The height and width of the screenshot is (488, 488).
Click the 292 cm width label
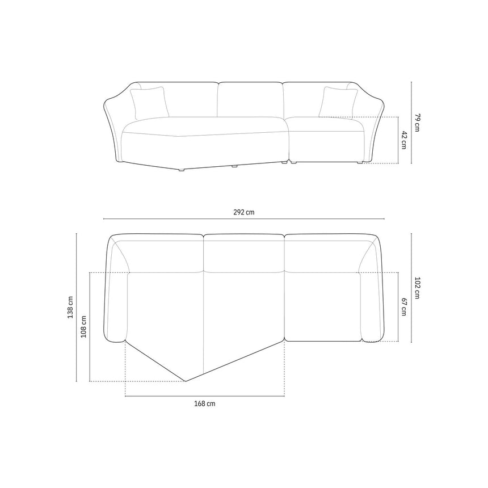tap(243, 212)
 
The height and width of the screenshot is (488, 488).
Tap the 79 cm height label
tap(417, 123)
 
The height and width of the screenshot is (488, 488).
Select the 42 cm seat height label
tap(403, 140)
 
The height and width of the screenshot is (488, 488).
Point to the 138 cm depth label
tap(70, 307)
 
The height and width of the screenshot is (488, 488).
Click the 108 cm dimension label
tap(83, 326)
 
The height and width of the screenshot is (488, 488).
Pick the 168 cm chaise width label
tap(204, 403)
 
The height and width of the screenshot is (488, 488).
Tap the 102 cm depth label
tap(417, 288)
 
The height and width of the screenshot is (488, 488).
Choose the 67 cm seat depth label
tap(403, 307)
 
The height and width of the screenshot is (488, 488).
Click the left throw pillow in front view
tap(149, 103)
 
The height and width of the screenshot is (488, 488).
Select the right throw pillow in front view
tap(338, 103)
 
